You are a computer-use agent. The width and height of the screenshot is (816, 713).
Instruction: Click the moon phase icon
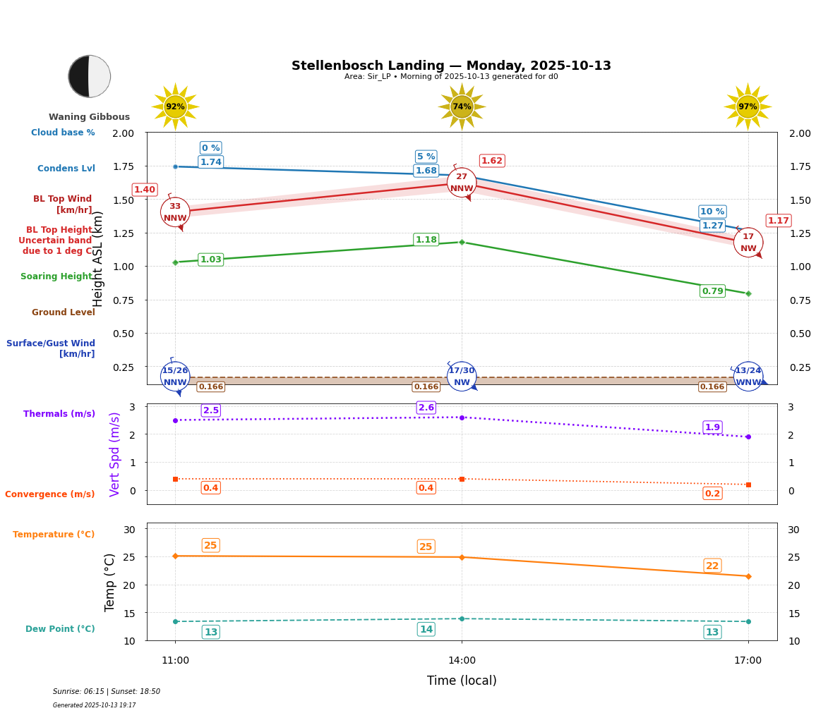89,76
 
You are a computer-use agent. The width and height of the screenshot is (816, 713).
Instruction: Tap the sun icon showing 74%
462,106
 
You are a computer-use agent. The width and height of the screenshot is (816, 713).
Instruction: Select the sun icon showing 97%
748,106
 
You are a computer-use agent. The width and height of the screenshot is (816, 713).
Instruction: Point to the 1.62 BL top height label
492,161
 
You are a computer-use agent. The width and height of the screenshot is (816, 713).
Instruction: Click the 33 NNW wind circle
175,212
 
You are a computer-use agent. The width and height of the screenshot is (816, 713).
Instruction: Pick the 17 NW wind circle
748,243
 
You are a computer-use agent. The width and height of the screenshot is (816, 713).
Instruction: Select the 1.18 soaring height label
426,240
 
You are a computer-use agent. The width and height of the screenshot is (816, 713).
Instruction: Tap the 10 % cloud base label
712,212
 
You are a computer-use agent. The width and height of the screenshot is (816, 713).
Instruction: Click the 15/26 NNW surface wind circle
175,377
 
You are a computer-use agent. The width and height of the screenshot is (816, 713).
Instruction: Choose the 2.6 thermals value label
426,408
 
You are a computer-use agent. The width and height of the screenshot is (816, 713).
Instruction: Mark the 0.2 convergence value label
712,494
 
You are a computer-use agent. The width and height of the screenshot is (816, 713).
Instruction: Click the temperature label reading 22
712,566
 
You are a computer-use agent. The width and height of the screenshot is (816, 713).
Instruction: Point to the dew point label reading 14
426,630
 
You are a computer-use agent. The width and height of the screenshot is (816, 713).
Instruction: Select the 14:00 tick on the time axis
462,661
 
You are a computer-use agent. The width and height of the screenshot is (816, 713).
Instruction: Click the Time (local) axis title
462,681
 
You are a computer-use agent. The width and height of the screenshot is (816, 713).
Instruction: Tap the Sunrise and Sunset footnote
107,692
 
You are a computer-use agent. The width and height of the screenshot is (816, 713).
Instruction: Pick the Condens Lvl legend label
66,169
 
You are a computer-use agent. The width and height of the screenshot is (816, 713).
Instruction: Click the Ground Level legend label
64,312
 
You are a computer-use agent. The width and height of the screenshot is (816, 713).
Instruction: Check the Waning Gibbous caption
89,117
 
